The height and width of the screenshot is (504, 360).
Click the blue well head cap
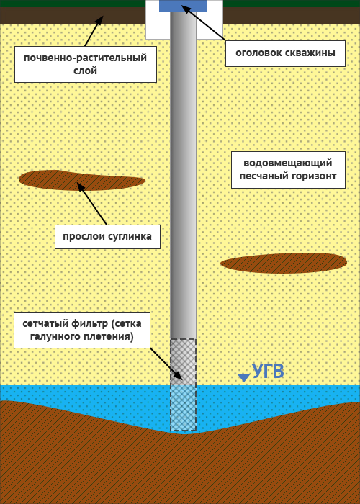coord(183,6)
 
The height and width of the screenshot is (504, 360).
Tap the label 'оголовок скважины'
coord(285,53)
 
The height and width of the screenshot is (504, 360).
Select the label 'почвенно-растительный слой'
coord(86,64)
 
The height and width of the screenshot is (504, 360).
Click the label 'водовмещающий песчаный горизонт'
coord(288,170)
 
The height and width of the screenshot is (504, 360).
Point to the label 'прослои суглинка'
coord(107,237)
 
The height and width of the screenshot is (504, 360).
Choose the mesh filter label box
coord(82,330)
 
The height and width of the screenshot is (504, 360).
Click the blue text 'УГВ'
coord(268,372)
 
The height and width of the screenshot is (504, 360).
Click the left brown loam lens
coord(82,180)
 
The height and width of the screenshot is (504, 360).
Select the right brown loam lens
coord(284,263)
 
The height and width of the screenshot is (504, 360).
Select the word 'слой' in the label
coord(86,71)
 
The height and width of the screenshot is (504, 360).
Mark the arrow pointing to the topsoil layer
coord(94,31)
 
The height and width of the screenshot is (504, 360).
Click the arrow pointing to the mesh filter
coord(166,364)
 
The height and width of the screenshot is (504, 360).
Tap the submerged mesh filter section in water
coord(183,408)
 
